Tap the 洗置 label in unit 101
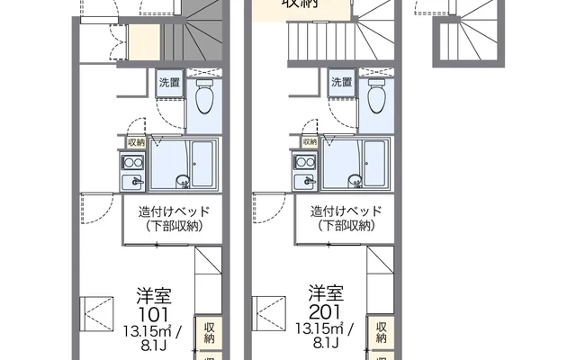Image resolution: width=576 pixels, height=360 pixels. [x=167, y=83]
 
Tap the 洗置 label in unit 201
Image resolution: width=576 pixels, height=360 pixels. [x=340, y=83]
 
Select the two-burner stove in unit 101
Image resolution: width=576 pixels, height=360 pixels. [x=134, y=163]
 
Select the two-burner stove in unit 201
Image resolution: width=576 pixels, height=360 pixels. [x=306, y=163]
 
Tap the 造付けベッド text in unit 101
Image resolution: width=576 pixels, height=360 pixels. [x=174, y=212]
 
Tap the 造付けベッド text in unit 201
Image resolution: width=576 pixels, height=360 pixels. [x=346, y=212]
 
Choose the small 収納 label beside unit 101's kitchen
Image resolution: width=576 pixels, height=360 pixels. [x=135, y=142]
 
